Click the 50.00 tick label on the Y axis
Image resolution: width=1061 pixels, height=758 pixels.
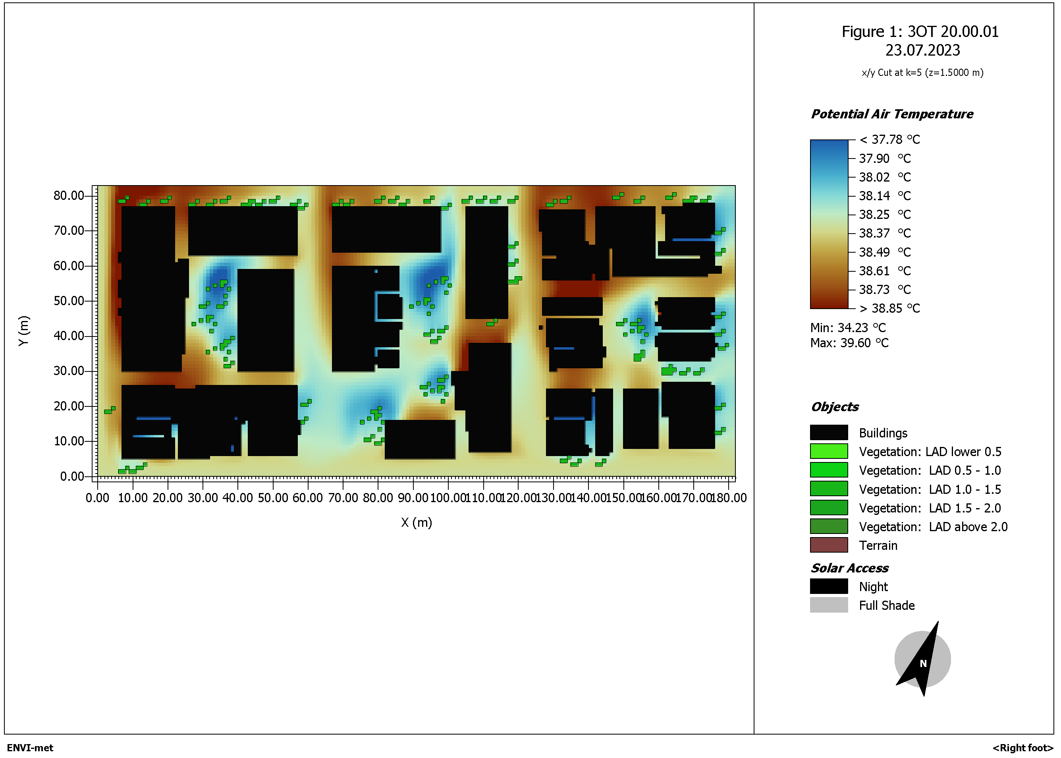tap(69, 301)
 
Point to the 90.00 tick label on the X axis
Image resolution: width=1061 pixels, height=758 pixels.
tap(413, 498)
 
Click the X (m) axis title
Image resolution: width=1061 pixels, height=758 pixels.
tap(417, 523)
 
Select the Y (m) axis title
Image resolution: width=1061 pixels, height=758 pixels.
tap(24, 331)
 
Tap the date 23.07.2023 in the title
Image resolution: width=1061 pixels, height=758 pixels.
tap(922, 50)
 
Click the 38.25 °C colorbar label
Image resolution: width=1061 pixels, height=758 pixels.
tap(885, 215)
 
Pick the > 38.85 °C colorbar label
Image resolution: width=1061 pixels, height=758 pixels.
tap(890, 309)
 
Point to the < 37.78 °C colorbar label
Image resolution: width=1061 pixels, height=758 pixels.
tap(890, 139)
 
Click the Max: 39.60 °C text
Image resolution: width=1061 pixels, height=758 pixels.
tap(849, 343)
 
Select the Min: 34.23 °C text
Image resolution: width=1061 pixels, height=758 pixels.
tap(848, 328)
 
